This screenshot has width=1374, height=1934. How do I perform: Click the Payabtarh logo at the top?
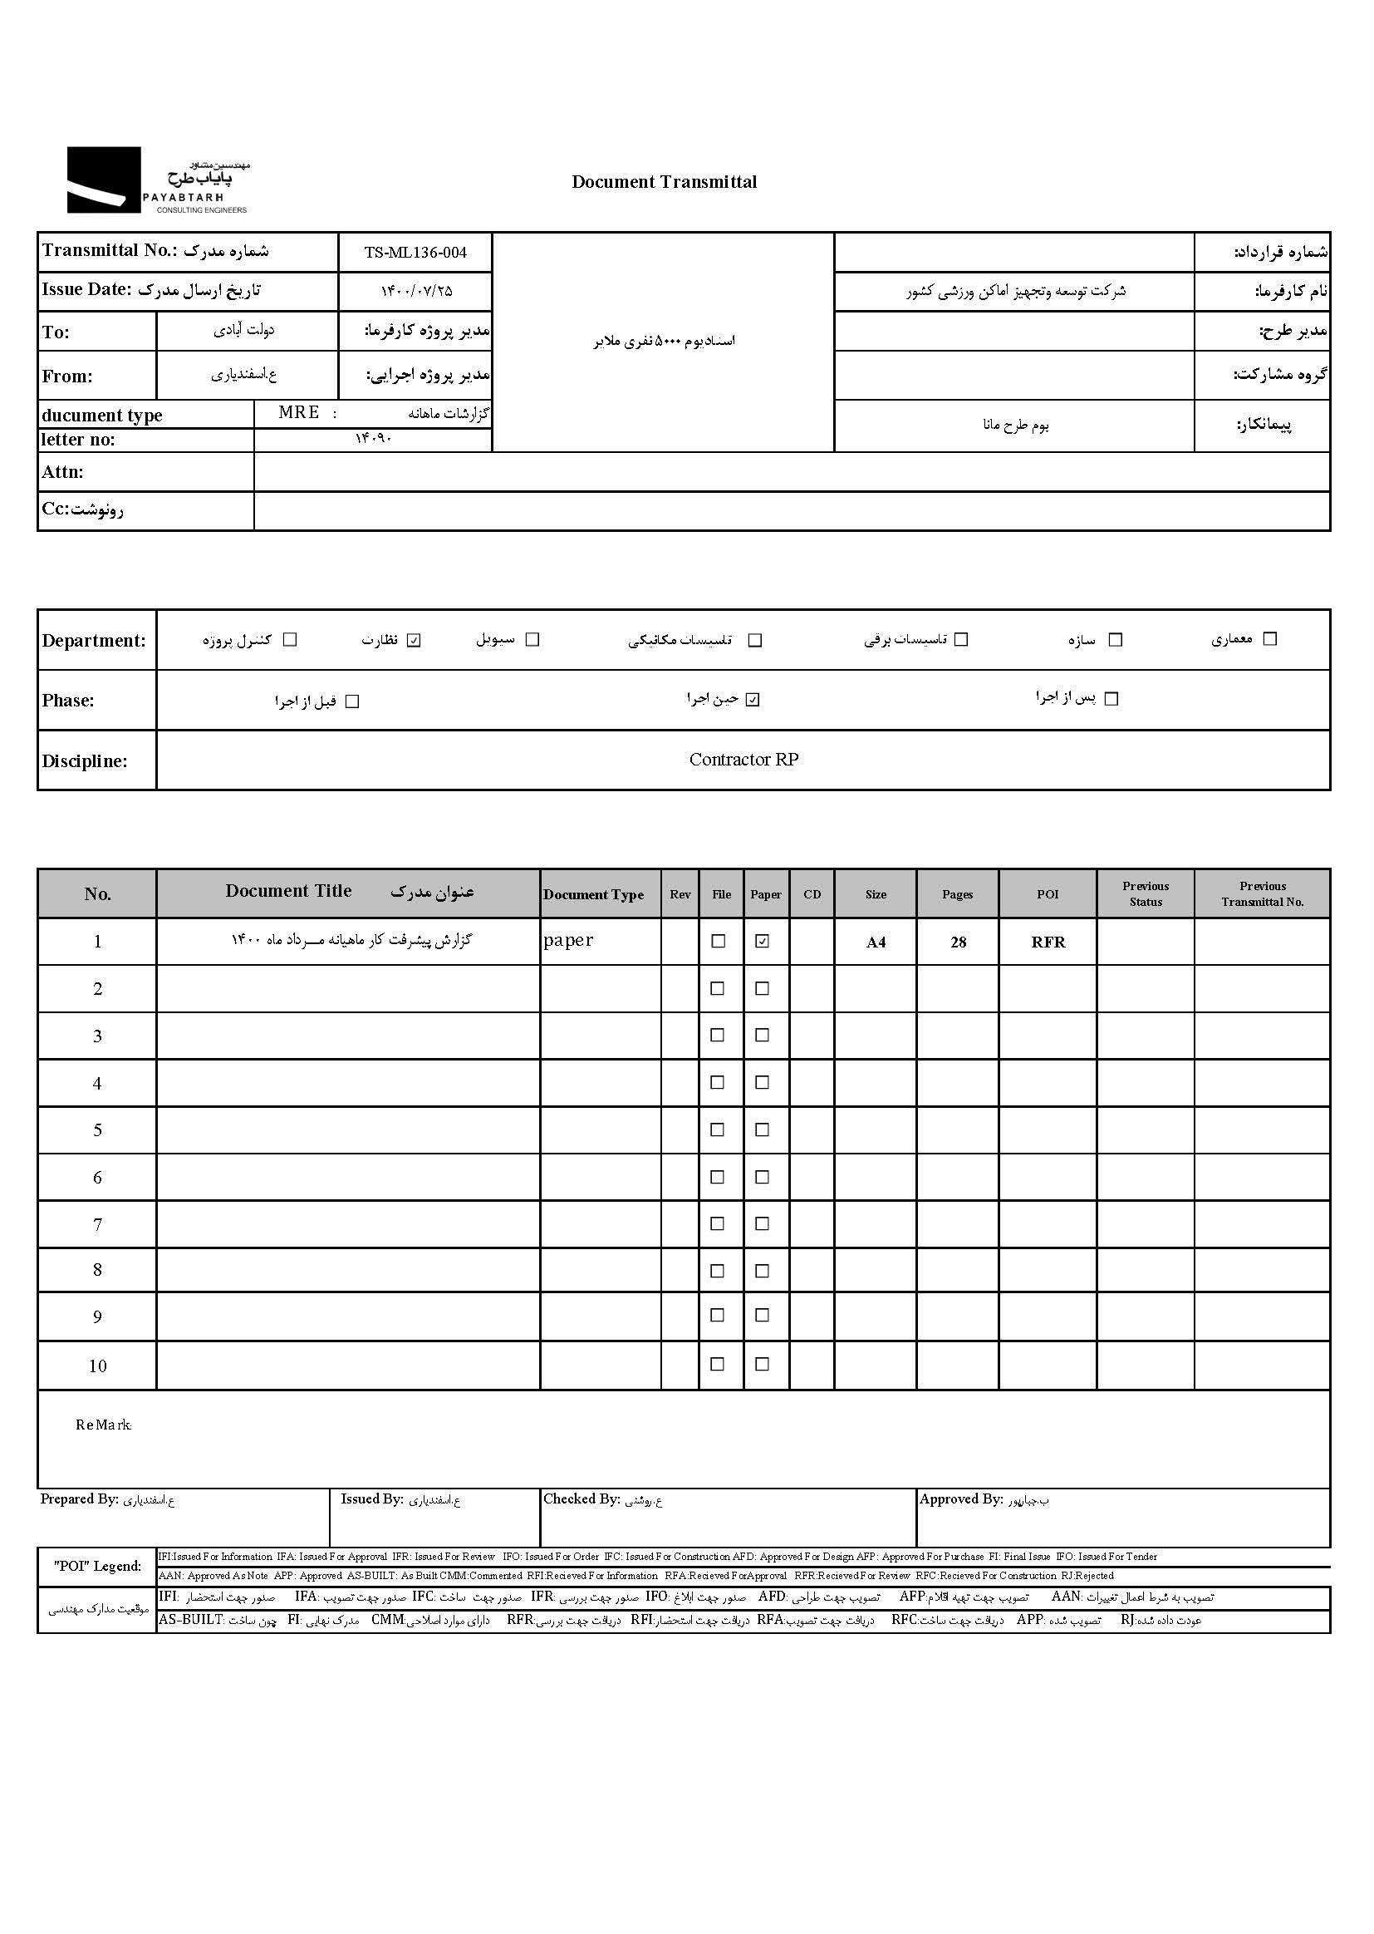pyautogui.click(x=158, y=180)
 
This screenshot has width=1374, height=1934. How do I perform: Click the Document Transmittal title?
pyautogui.click(x=665, y=182)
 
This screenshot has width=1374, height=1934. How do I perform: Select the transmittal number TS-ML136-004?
pyautogui.click(x=415, y=252)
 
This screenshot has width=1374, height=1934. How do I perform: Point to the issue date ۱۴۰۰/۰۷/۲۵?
pyautogui.click(x=416, y=291)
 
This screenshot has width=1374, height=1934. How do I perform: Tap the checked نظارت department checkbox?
pyautogui.click(x=414, y=640)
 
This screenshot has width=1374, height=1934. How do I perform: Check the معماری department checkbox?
pyautogui.click(x=1269, y=639)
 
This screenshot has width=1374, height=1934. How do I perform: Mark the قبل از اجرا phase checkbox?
pyautogui.click(x=353, y=701)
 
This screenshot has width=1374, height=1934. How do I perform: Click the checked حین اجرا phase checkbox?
pyautogui.click(x=753, y=700)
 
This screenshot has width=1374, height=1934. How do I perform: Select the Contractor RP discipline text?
pyautogui.click(x=743, y=760)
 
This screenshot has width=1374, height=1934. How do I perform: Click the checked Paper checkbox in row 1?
pyautogui.click(x=763, y=941)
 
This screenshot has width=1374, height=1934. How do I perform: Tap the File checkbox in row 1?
pyautogui.click(x=719, y=941)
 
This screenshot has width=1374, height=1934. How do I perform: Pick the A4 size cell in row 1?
pyautogui.click(x=876, y=942)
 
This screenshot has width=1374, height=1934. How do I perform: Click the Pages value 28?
pyautogui.click(x=958, y=942)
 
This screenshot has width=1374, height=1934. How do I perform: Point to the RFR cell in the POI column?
pyautogui.click(x=1048, y=942)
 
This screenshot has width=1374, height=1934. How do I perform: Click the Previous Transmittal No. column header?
pyautogui.click(x=1263, y=893)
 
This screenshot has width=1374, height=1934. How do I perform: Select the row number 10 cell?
pyautogui.click(x=97, y=1366)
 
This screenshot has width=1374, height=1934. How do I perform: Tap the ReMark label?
pyautogui.click(x=103, y=1425)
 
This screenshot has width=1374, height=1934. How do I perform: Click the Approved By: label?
pyautogui.click(x=961, y=1499)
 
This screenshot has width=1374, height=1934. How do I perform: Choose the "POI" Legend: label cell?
pyautogui.click(x=97, y=1566)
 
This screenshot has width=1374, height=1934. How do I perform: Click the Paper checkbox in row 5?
pyautogui.click(x=763, y=1130)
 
